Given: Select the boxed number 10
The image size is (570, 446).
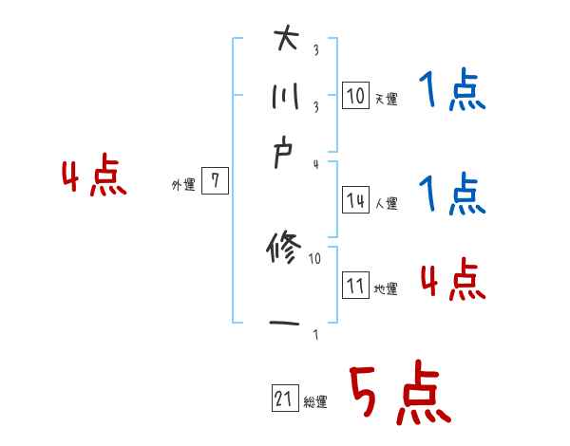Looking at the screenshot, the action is point(355,96).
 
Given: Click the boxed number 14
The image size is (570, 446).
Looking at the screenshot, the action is point(355,200).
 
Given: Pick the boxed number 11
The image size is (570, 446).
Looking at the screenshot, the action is point(355,286).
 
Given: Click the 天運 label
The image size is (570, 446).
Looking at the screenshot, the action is point(386,98).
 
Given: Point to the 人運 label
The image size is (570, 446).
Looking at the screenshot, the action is point(386,202).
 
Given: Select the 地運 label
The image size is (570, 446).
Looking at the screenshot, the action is point(386,288).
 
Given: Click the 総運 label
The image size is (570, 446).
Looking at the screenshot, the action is point(315,402).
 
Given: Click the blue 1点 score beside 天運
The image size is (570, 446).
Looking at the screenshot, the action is point(451,93).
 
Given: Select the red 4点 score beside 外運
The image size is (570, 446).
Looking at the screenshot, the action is point(93,178).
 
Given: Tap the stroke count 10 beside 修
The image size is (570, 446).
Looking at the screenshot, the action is point(315,257).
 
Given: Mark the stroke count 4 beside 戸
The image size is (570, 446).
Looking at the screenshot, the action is point(315,164).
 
